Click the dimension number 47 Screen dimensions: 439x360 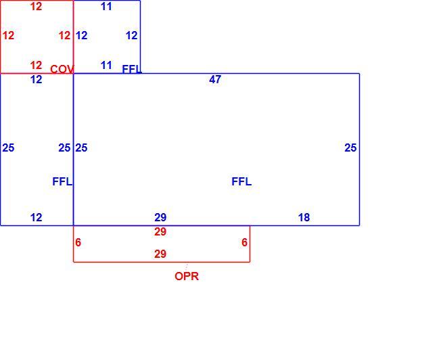coord(215,80)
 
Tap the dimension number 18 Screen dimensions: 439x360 coord(304,217)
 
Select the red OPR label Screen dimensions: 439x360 coord(187,277)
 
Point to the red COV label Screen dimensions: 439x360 coord(62,69)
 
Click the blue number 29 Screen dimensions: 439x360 coord(160,217)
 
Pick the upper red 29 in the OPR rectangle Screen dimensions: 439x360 coord(160,231)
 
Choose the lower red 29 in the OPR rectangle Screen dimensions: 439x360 coord(160,254)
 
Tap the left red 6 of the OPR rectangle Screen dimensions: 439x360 coord(78,243)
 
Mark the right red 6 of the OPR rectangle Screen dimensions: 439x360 coord(244,243)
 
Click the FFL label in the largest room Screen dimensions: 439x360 coord(241,182)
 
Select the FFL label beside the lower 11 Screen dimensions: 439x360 coord(132,69)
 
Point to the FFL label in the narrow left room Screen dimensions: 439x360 coord(62,182)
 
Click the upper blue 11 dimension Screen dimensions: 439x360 coord(106,7)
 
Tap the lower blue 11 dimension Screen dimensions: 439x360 coord(106,66)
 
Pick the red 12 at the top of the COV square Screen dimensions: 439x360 coord(36,7)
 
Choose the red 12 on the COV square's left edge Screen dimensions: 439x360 coord(8,36)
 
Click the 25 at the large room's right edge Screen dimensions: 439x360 coord(350,148)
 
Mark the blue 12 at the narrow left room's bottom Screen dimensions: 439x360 coord(36,217)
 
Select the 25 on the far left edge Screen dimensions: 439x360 coord(8,148)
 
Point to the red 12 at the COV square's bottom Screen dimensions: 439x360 coord(36,66)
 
